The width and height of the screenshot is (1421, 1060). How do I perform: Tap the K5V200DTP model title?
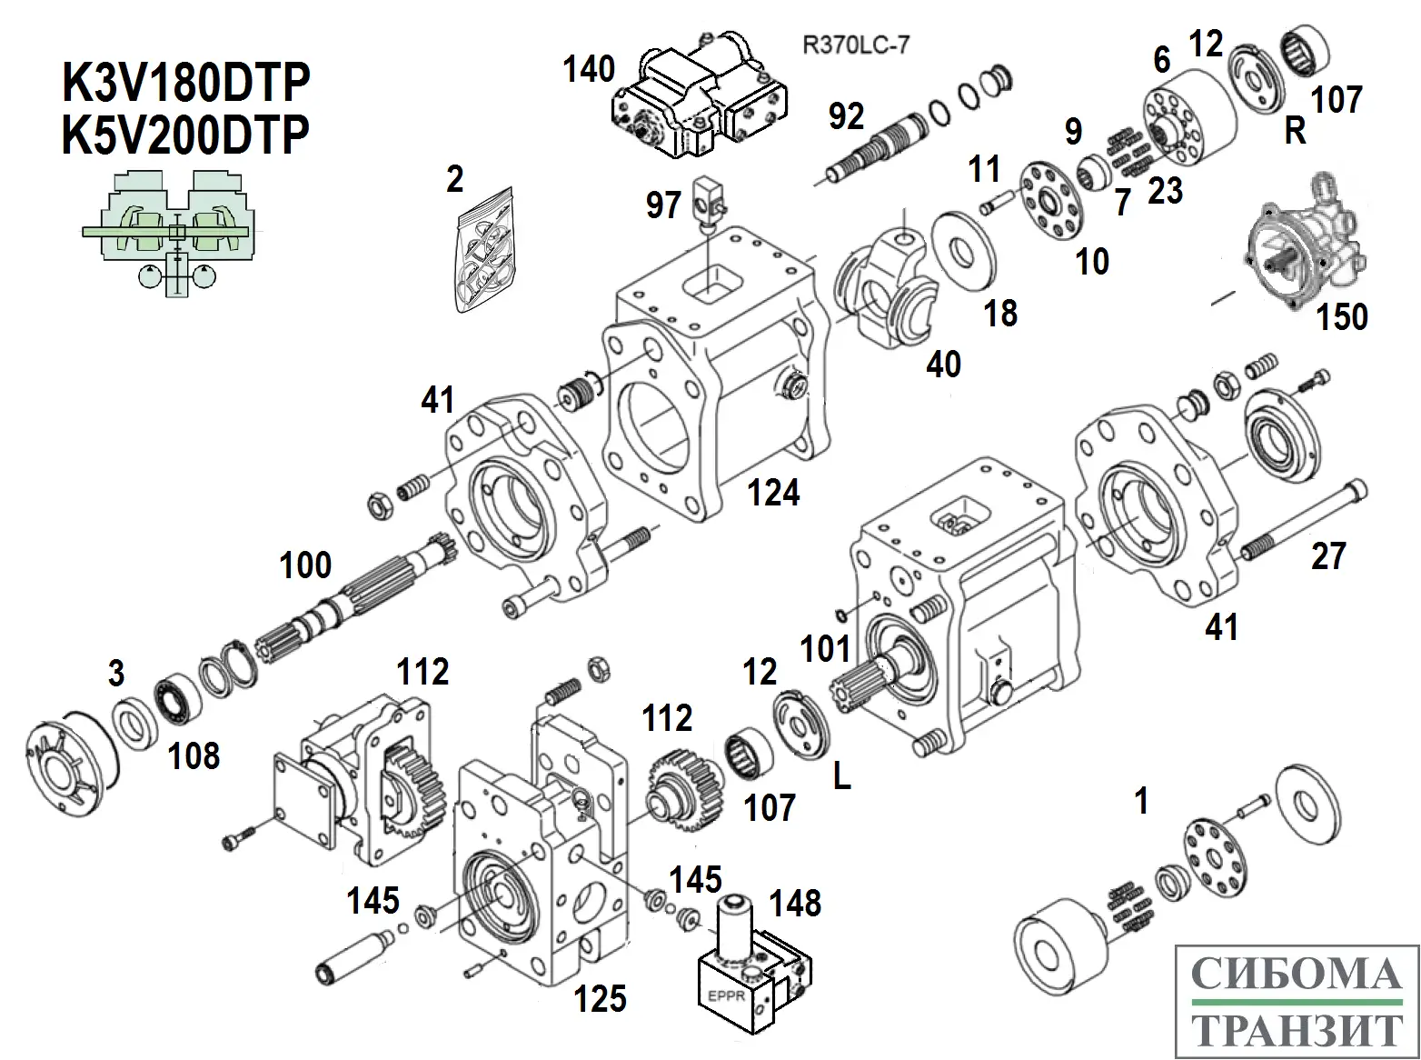[x=185, y=136]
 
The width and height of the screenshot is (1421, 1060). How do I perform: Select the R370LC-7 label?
[x=855, y=45]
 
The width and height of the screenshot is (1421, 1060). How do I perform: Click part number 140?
[x=588, y=69]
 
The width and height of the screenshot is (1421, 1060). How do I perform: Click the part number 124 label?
[x=773, y=494]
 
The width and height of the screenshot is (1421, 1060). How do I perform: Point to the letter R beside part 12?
[x=1295, y=133]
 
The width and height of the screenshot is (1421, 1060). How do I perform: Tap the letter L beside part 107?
[x=842, y=778]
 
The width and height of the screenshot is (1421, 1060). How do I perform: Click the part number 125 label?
[x=601, y=998]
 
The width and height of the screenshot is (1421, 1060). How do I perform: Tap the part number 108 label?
[x=194, y=755]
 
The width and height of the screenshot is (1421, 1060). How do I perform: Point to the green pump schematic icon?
[x=169, y=232]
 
